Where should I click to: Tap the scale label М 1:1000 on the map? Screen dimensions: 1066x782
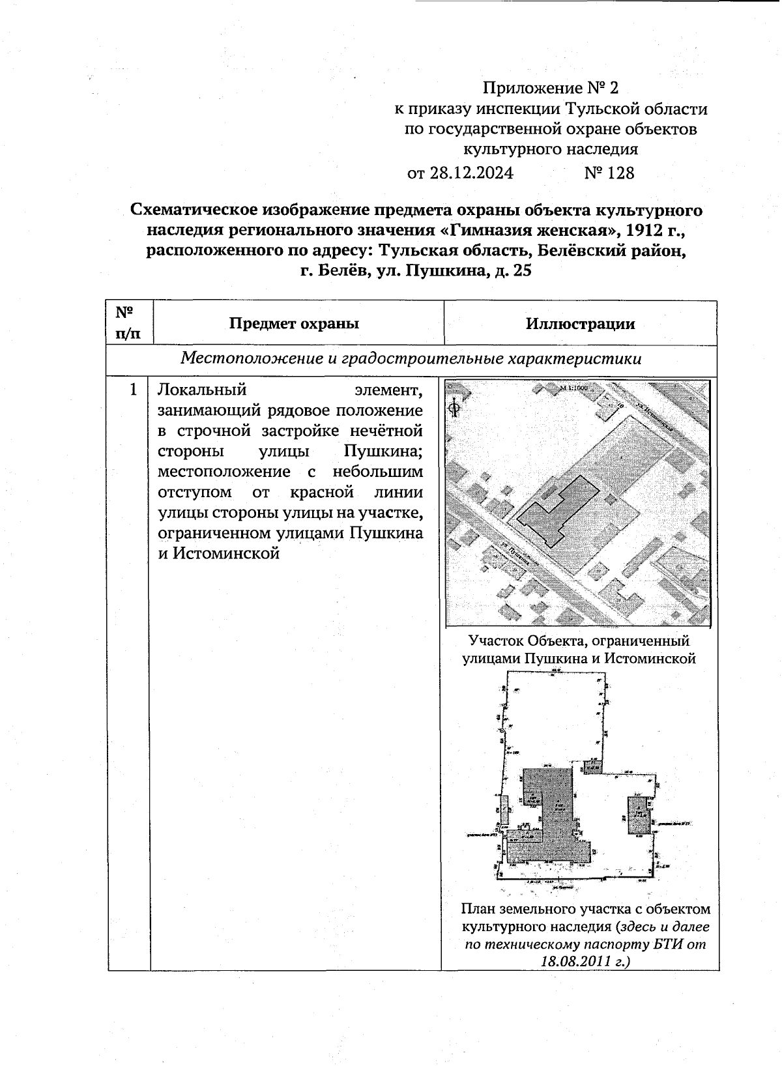point(573,388)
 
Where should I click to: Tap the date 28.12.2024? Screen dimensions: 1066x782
point(471,173)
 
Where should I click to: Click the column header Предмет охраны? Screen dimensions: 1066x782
point(294,324)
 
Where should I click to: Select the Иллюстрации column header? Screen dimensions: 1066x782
point(581,324)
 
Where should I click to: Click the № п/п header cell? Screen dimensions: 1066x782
point(129,323)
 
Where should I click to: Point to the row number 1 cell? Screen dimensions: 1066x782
point(133,390)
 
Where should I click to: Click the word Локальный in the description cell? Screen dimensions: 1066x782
point(202,390)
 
